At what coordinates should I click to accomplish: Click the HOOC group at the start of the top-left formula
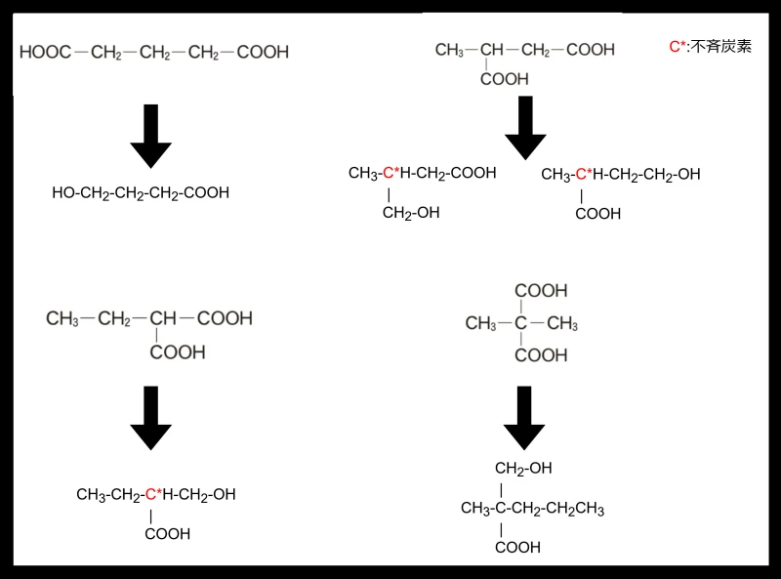[45, 52]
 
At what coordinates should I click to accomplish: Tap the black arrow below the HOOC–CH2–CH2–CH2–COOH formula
[151, 136]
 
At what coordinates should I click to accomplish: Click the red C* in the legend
[677, 47]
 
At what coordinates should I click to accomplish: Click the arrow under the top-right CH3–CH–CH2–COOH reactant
[525, 128]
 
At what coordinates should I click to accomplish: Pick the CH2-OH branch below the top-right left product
[411, 213]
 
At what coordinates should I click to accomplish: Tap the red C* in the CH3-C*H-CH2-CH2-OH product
[584, 174]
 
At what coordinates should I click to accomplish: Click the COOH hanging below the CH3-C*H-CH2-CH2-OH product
[597, 214]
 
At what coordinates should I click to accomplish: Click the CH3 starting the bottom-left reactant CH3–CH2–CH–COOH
[62, 318]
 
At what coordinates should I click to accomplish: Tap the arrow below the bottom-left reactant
[151, 418]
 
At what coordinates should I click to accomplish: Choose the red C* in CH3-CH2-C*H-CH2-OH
[153, 494]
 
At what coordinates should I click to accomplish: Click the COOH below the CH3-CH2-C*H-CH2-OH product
[167, 534]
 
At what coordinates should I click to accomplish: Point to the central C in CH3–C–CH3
[521, 323]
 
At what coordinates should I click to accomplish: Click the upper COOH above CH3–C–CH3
[541, 291]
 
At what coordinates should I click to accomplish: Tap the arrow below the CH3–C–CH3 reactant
[524, 418]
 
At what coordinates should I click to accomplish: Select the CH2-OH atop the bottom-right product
[523, 469]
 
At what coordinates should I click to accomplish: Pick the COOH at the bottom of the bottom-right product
[517, 548]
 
